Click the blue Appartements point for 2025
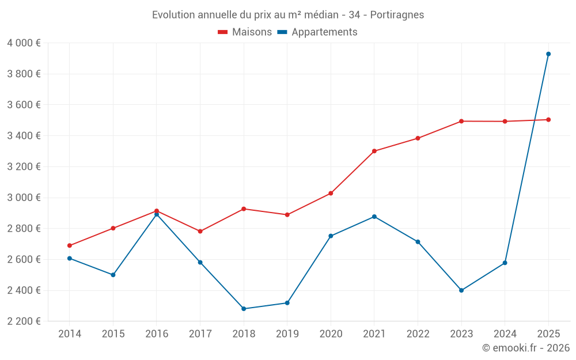(548, 54)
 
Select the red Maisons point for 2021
(374, 151)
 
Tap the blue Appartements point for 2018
(244, 309)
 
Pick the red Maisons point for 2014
(70, 245)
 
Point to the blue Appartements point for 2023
(461, 290)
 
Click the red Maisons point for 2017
(200, 232)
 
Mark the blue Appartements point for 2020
(331, 236)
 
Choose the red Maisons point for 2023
(461, 121)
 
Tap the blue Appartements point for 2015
(113, 275)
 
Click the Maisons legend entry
(245, 32)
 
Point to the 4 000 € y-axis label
(24, 43)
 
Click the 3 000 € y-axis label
(24, 198)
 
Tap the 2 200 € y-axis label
(24, 321)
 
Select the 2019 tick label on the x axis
(287, 334)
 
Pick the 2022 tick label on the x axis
(418, 334)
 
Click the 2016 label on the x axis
(157, 334)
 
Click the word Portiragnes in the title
(397, 15)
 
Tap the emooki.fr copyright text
(525, 348)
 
